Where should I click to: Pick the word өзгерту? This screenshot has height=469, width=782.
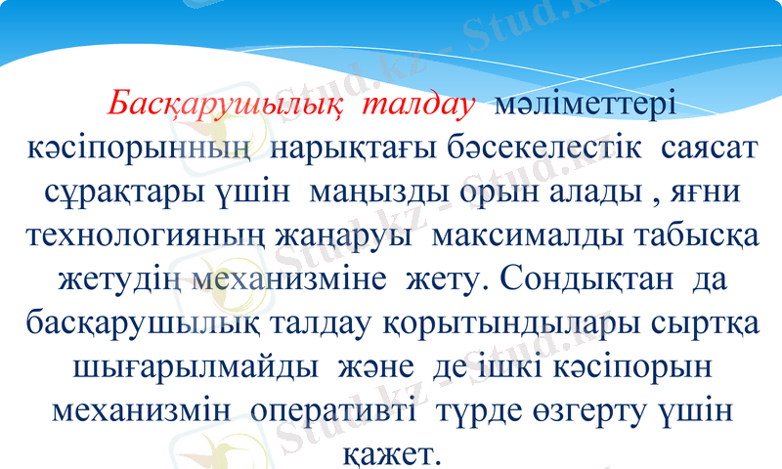579,412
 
